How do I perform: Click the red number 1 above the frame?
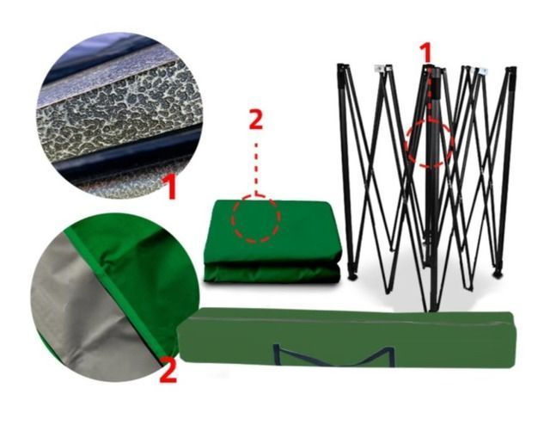[426, 53]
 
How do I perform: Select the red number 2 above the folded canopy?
[256, 120]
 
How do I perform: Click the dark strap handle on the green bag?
[334, 356]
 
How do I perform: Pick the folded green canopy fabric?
[272, 242]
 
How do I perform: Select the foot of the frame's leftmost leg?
[352, 276]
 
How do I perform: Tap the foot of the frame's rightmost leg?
[498, 273]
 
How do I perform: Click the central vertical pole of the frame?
[433, 189]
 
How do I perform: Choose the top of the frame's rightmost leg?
[511, 71]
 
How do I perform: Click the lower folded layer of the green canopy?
[272, 274]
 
